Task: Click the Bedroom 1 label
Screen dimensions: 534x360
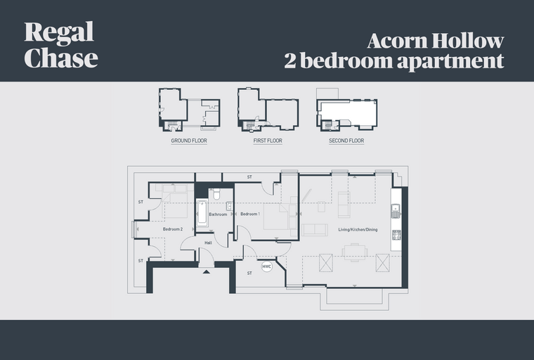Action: tap(250, 214)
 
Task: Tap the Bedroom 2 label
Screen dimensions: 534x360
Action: tap(173, 229)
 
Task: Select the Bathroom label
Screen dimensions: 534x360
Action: tap(218, 214)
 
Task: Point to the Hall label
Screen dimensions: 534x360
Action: tap(208, 243)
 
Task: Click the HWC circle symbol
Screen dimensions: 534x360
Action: tap(267, 266)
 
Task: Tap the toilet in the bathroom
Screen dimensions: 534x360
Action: tap(216, 194)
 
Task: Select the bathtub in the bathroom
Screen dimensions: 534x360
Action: tap(202, 214)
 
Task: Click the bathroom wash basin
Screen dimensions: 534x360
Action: tap(229, 206)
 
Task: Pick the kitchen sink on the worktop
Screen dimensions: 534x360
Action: tap(396, 210)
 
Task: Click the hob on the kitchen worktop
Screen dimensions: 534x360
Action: tap(396, 235)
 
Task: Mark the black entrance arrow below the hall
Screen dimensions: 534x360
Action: tap(206, 271)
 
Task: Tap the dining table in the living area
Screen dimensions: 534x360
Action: tap(355, 252)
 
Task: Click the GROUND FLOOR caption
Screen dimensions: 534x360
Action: tap(189, 141)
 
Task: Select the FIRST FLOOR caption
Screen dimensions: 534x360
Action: tap(268, 141)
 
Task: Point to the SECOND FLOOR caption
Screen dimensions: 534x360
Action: tap(346, 141)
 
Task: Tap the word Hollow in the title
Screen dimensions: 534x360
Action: tap(467, 41)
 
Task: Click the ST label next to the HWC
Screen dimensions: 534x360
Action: tap(249, 273)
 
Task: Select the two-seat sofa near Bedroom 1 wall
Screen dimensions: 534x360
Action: tap(315, 230)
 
